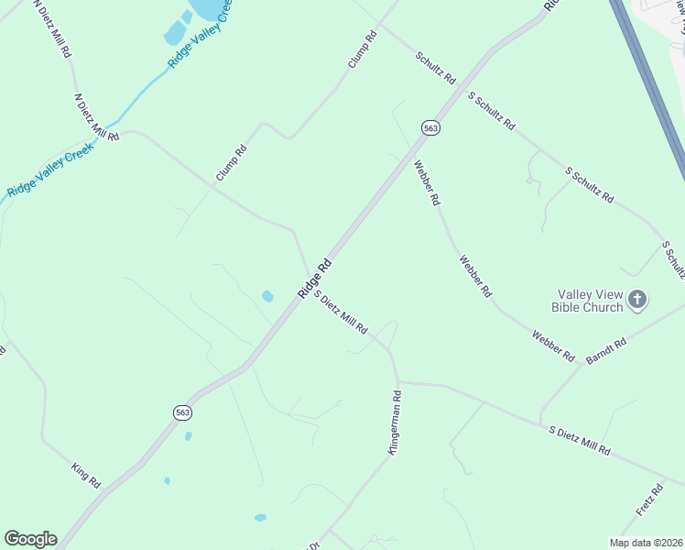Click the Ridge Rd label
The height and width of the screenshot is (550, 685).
click(314, 278)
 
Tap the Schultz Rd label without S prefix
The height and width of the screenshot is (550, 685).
click(435, 69)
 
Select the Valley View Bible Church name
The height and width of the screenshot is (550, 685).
click(591, 301)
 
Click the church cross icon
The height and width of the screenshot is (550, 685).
click(638, 299)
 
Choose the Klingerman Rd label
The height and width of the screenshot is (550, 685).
click(395, 423)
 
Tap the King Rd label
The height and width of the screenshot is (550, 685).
click(85, 475)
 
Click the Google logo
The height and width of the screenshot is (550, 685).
click(30, 539)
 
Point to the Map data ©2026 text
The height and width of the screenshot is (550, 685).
click(646, 542)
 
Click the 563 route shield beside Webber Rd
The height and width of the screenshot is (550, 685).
click(431, 128)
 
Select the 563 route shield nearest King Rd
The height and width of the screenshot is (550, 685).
click(182, 413)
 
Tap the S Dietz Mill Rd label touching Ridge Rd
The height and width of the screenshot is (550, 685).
click(341, 312)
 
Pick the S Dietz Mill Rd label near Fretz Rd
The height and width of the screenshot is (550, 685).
click(580, 441)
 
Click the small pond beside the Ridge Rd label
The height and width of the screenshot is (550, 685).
click(267, 296)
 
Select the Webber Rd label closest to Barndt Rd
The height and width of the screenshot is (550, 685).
click(552, 344)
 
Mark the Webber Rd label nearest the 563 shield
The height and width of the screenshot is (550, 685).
click(428, 183)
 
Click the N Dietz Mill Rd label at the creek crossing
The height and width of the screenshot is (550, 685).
click(96, 115)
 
